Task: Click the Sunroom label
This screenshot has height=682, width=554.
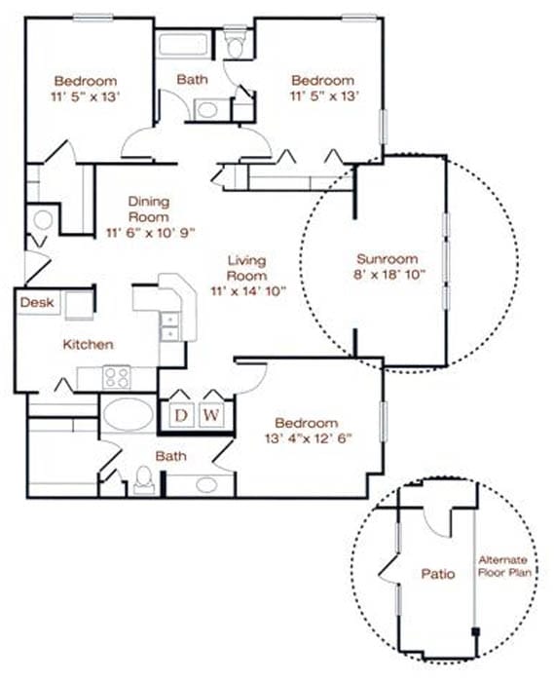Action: click(388, 259)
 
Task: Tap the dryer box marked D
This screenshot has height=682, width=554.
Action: click(181, 415)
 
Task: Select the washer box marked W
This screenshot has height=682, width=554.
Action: click(211, 415)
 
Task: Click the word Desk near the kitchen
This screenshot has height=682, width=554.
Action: click(37, 302)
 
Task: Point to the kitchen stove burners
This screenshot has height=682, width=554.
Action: click(117, 377)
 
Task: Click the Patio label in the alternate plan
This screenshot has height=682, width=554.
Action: click(438, 574)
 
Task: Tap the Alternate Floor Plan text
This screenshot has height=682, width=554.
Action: click(504, 566)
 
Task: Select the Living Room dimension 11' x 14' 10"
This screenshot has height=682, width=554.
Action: click(248, 291)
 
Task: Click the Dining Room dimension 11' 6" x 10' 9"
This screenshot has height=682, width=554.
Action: click(150, 233)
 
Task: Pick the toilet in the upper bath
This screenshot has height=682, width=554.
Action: click(236, 43)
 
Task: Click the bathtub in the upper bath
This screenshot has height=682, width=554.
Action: click(182, 45)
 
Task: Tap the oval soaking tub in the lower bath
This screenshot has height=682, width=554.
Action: click(129, 414)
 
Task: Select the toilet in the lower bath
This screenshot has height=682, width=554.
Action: click(144, 480)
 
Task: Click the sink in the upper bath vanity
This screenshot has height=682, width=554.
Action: click(207, 109)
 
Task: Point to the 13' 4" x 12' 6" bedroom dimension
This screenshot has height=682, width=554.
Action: click(308, 438)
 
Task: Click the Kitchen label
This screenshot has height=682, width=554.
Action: click(89, 345)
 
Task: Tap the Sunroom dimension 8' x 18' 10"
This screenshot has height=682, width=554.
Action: click(388, 275)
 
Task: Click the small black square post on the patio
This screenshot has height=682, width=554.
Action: click(475, 631)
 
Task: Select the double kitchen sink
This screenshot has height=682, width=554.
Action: click(169, 326)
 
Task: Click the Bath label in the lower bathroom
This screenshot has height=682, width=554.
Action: click(170, 456)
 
